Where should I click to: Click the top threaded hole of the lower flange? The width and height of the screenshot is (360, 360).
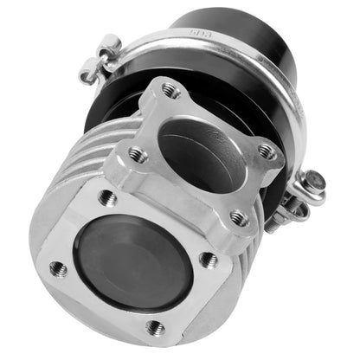pos(107,197)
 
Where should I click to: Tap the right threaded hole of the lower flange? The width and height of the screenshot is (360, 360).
pos(207,258)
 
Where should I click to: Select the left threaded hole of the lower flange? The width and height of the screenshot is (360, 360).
pos(58,267)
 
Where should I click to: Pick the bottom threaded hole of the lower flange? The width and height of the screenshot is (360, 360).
pos(157,328)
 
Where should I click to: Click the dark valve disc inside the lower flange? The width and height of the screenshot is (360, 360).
pos(134,263)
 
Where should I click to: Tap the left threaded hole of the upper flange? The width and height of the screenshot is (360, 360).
pos(135,154)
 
